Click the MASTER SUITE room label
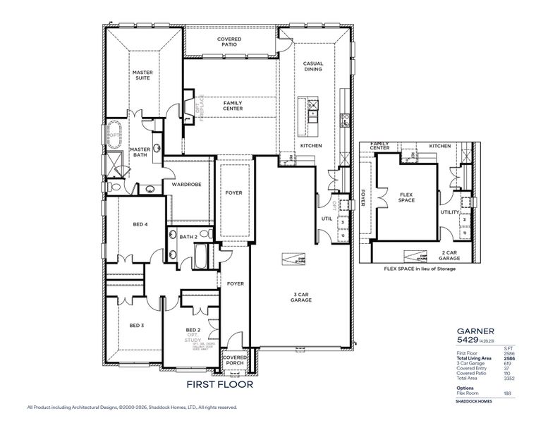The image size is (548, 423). point(143,75)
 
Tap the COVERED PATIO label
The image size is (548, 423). point(229,42)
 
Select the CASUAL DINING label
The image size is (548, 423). point(313,66)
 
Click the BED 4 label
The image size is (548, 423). point(140,225)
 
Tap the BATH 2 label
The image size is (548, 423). point(188,237)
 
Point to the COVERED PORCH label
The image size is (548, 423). point(234,361)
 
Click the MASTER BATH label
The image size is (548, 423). point(140,152)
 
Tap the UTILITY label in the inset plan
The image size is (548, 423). point(449,211)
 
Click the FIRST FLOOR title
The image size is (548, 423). point(219,385)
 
